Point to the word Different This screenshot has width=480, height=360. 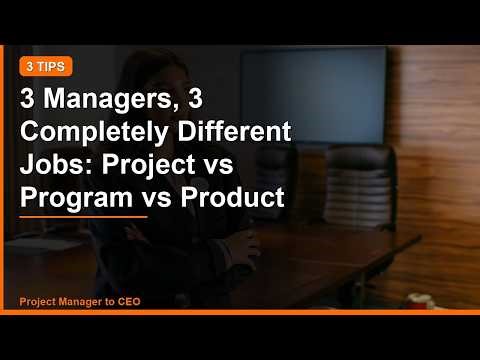click(226, 133)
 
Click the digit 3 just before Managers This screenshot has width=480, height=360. click(29, 101)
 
